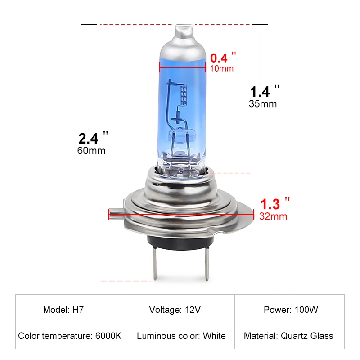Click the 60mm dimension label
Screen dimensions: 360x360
[91, 150]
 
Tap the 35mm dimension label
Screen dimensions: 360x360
[263, 103]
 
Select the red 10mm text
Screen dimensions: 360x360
[222, 68]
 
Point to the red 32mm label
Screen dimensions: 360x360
[273, 216]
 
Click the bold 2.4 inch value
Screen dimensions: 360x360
[88, 137]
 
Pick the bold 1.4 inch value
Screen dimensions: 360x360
[260, 91]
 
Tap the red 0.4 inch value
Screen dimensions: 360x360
[219, 58]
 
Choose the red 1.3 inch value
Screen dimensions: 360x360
[270, 204]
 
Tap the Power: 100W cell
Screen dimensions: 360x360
[291, 310]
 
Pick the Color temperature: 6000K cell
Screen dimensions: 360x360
[70, 336]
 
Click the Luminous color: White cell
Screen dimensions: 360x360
[181, 336]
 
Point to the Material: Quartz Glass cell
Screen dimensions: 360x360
[288, 336]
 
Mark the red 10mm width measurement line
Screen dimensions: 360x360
[183, 67]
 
